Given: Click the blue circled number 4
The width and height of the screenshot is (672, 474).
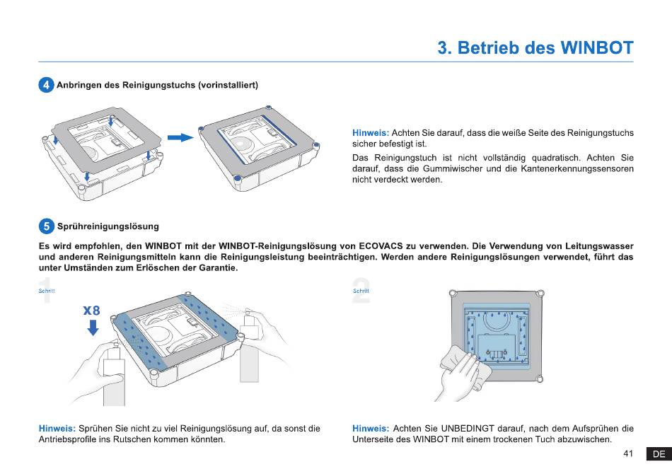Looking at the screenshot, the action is pyautogui.click(x=46, y=85).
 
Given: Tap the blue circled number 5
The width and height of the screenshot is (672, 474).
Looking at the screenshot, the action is pyautogui.click(x=46, y=226).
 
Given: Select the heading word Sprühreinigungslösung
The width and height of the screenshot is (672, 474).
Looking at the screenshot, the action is pyautogui.click(x=108, y=226).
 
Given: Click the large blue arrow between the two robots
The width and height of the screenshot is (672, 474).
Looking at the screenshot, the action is pyautogui.click(x=180, y=137).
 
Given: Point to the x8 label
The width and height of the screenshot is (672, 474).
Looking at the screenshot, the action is pyautogui.click(x=91, y=311).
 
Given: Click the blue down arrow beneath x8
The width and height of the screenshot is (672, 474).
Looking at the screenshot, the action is pyautogui.click(x=93, y=328).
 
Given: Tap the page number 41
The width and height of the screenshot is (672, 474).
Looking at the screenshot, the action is pyautogui.click(x=628, y=453).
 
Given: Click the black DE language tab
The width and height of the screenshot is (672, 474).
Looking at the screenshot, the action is pyautogui.click(x=659, y=454).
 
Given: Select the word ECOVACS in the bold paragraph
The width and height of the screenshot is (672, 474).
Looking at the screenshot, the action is pyautogui.click(x=381, y=246).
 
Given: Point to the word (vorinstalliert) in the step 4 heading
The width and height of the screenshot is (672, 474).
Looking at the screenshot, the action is pyautogui.click(x=228, y=85).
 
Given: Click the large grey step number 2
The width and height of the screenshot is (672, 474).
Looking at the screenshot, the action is pyautogui.click(x=361, y=291).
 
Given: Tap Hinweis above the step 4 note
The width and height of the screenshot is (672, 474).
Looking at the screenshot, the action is pyautogui.click(x=371, y=133).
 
